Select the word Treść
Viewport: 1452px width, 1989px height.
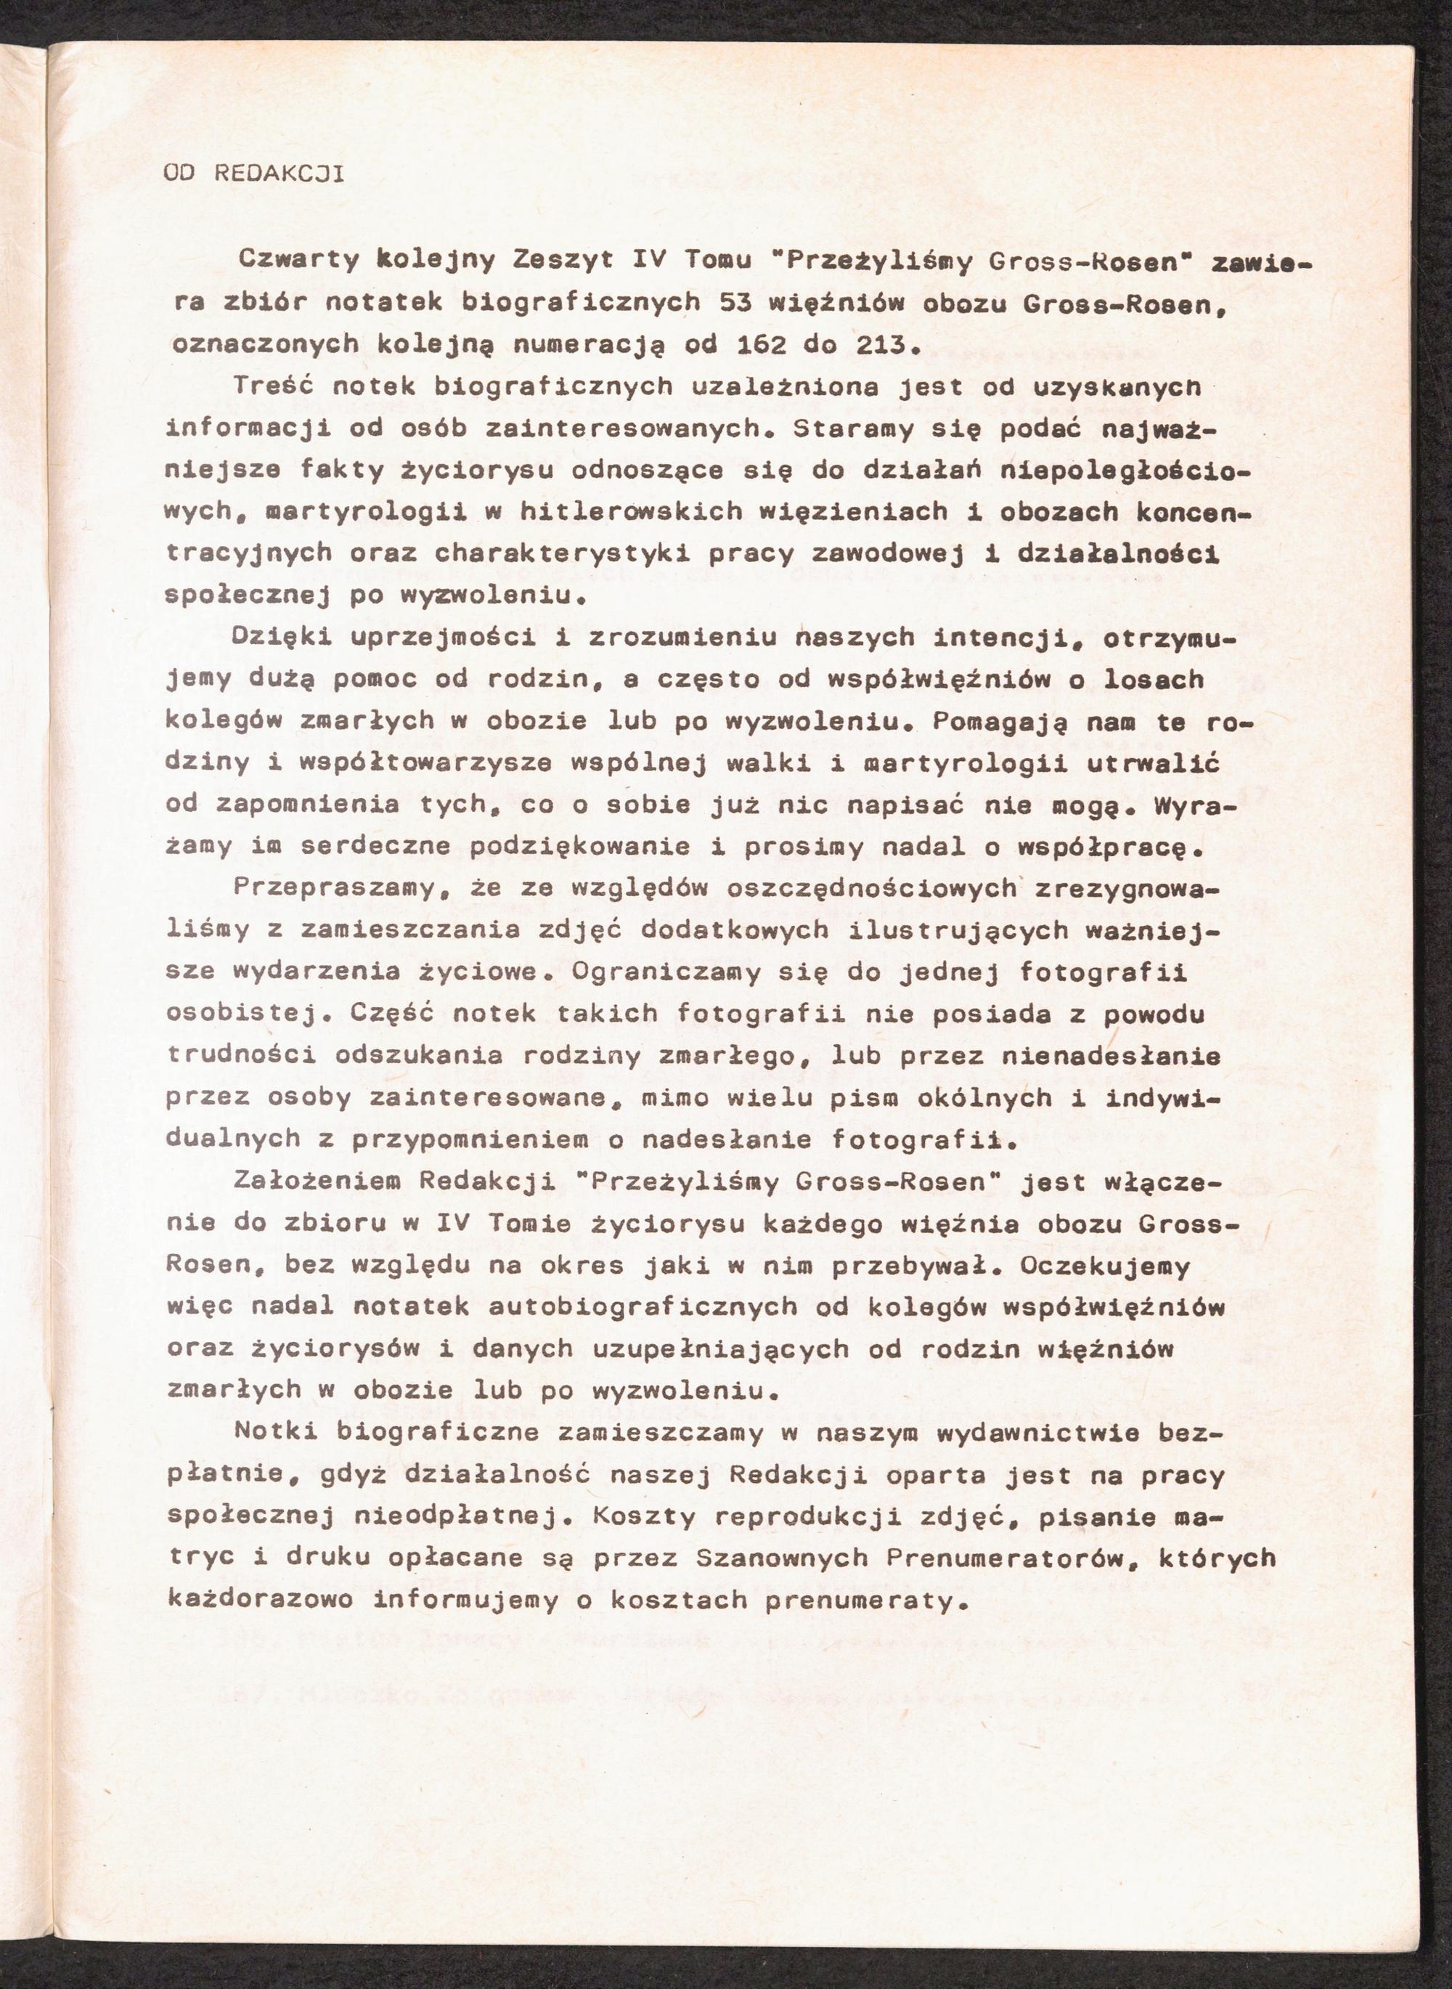point(271,386)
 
